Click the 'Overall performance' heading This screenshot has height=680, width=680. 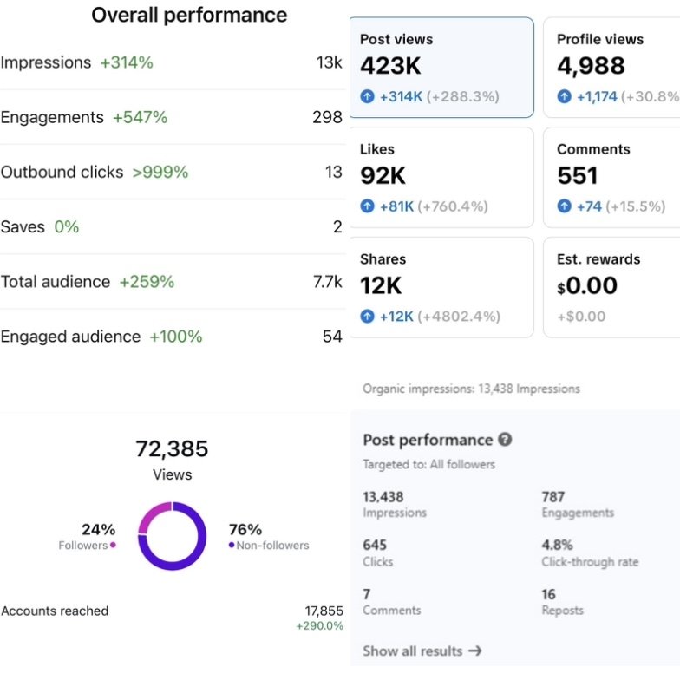[x=189, y=15]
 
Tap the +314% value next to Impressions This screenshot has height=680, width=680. [x=127, y=62]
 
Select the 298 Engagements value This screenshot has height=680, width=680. [x=327, y=117]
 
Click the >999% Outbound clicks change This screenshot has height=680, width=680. [x=160, y=172]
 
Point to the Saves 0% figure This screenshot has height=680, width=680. [x=67, y=226]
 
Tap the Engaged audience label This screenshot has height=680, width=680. [x=70, y=336]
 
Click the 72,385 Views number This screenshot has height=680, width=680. [x=172, y=448]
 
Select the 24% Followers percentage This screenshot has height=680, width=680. [x=98, y=529]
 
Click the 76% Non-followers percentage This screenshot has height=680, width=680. [x=245, y=529]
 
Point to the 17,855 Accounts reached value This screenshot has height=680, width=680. [x=324, y=611]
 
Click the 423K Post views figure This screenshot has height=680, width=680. [x=390, y=66]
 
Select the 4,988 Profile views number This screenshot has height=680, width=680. [x=591, y=66]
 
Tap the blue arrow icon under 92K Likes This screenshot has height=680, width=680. [x=368, y=206]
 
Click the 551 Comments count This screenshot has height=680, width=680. [x=578, y=175]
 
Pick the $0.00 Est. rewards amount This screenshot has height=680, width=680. [x=587, y=285]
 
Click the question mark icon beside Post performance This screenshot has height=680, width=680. [x=505, y=440]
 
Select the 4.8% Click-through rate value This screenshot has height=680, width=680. [x=557, y=545]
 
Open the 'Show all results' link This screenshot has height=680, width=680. [x=422, y=651]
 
